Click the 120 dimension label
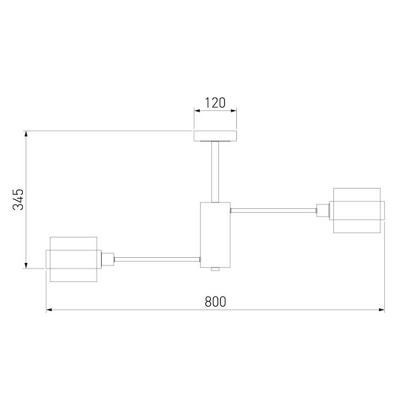215,103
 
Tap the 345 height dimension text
18,199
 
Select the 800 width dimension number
215,302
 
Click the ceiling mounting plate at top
215,136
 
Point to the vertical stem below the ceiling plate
215,172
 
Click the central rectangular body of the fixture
215,235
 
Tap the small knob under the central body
215,269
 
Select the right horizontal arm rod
274,210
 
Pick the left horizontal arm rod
157,260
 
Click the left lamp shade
74,259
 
